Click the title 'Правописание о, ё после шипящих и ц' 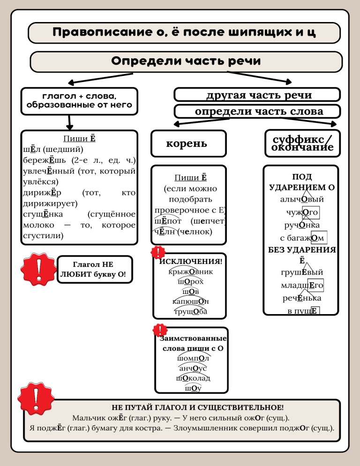pyautogui.click(x=183, y=33)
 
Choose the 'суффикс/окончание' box pyautogui.click(x=302, y=143)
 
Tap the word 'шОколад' pyautogui.click(x=193, y=378)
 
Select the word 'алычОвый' pyautogui.click(x=301, y=199)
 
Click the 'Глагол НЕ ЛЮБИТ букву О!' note pyautogui.click(x=94, y=269)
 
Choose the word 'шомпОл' pyautogui.click(x=193, y=359)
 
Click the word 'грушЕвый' pyautogui.click(x=301, y=272)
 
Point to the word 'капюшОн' pyautogui.click(x=190, y=301)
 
